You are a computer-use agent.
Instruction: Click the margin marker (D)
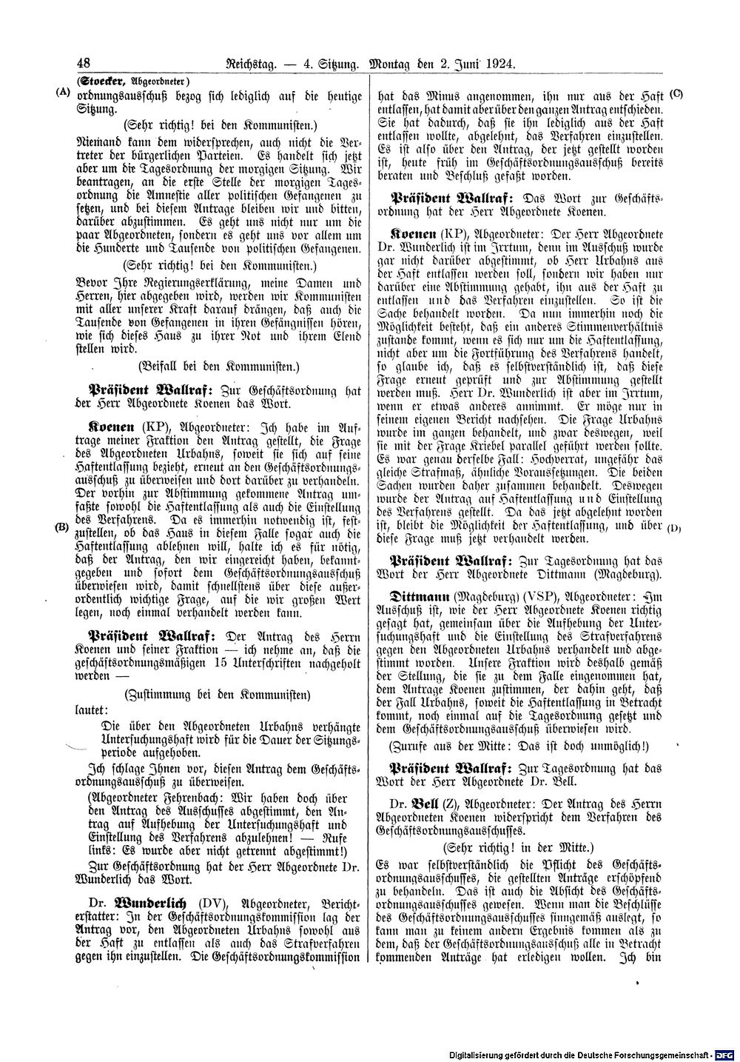pyautogui.click(x=674, y=528)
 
